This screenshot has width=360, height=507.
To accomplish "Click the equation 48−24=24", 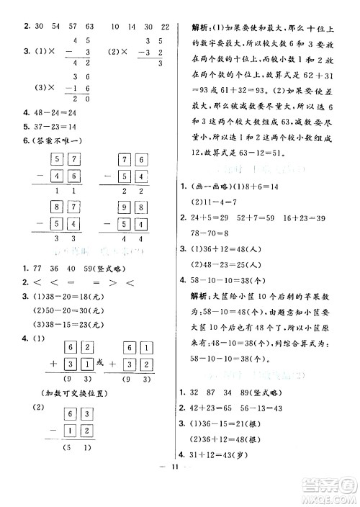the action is [48, 113].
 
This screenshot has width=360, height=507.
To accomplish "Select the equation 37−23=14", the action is [48, 126].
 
